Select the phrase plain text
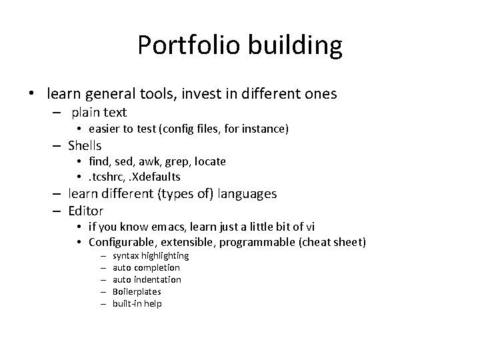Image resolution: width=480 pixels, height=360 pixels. pos(99,112)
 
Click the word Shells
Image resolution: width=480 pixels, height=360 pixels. pos(84,145)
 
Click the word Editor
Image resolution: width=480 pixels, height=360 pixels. pos(85,211)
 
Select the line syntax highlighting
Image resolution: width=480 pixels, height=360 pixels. pos(151,255)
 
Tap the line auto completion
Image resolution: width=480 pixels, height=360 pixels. pos(147,267)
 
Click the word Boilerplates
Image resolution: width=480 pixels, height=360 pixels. pos(137,291)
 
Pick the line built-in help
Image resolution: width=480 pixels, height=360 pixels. pos(137,303)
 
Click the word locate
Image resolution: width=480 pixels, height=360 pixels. pos(210,161)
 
